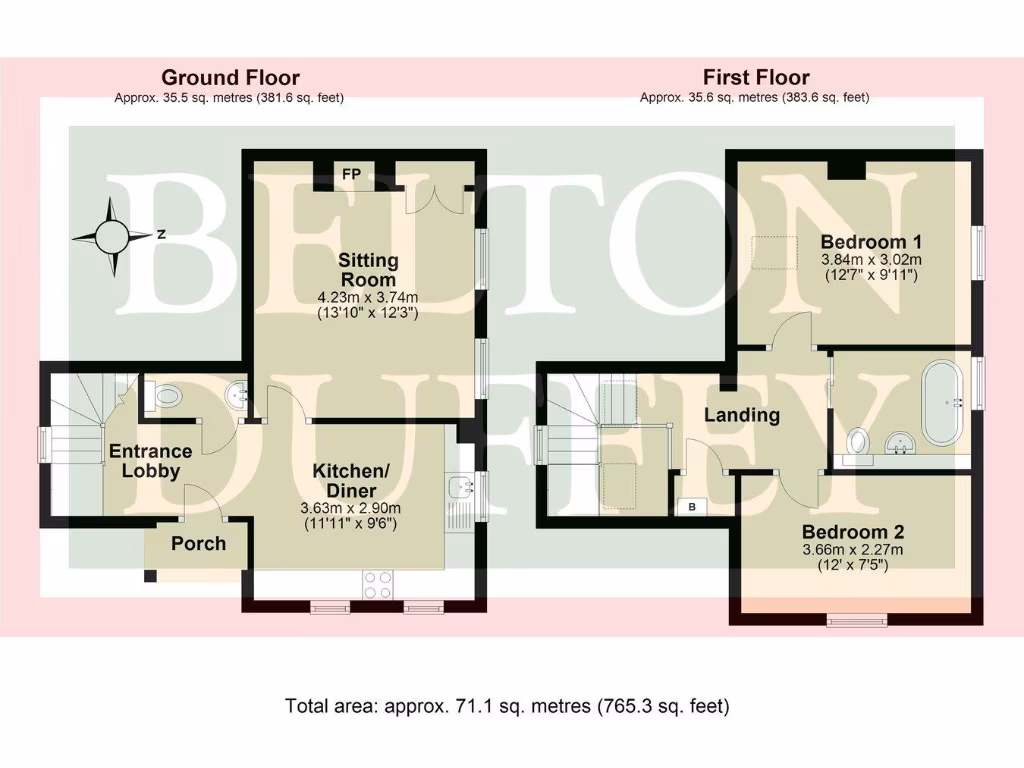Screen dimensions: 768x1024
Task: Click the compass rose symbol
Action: [x=112, y=236]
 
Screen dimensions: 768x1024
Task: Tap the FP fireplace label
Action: [x=352, y=173]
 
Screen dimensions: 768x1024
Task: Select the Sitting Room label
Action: [x=369, y=269]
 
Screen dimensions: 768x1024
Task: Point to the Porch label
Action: [x=198, y=544]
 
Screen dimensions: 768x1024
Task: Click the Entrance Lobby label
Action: [x=144, y=461]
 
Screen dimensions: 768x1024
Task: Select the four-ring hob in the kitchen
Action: [x=378, y=585]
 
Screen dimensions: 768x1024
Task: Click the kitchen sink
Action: [x=461, y=489]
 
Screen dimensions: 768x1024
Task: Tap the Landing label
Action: [x=741, y=415]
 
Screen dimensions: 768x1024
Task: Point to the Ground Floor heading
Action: [x=230, y=77]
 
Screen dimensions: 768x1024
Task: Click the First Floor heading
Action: [x=755, y=77]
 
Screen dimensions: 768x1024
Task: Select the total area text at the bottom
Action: [x=507, y=706]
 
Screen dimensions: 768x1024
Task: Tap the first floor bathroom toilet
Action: [x=858, y=441]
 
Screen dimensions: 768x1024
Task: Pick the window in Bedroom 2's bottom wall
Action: [x=857, y=621]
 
